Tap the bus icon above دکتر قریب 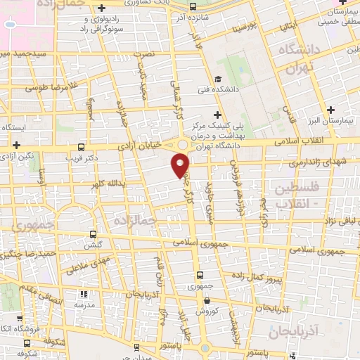82,148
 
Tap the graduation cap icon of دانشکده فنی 219,79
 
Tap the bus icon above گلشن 92,236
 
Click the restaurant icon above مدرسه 84,295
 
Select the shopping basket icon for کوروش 207,300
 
